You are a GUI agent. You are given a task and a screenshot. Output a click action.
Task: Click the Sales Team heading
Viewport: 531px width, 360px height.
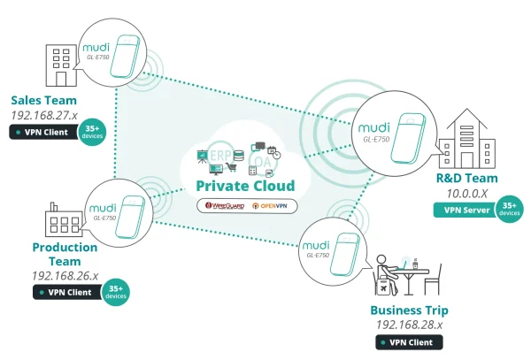[x=43, y=100]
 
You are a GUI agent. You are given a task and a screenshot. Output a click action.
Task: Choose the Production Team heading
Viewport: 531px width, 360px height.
[x=64, y=254]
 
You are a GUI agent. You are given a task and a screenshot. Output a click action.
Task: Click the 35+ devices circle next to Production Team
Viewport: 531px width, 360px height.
[x=115, y=290]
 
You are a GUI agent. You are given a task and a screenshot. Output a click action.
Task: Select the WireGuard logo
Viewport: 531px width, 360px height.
[x=225, y=205]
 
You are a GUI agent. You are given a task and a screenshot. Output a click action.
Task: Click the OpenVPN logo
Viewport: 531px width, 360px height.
[x=274, y=205]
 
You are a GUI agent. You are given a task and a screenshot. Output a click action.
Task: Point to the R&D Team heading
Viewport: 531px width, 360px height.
[x=468, y=178]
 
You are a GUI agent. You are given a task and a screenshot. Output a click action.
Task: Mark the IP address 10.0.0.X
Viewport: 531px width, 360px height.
[x=467, y=193]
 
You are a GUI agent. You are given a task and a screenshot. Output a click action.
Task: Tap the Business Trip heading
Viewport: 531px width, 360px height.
[x=409, y=310]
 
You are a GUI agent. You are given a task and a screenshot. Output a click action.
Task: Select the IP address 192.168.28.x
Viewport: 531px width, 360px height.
[x=408, y=326]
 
